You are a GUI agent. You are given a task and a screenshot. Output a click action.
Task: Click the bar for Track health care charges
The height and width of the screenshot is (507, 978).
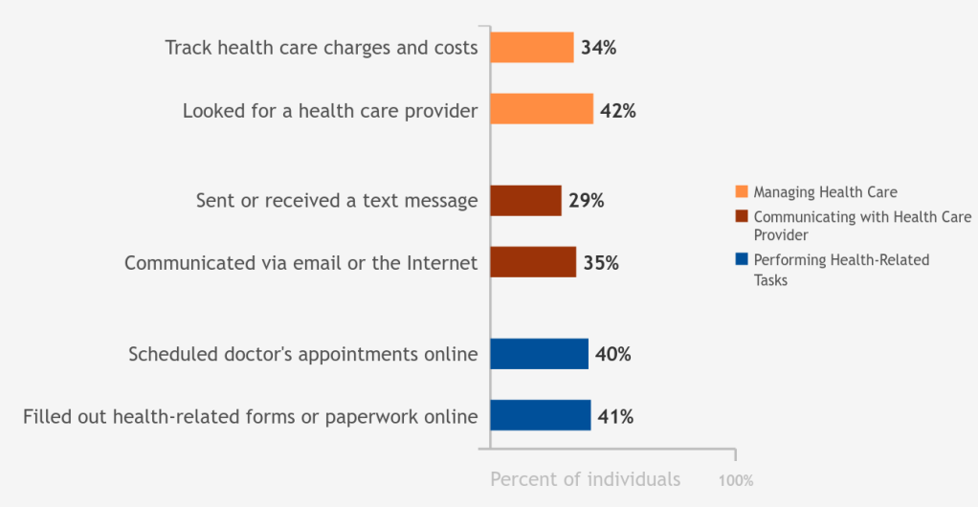(x=532, y=47)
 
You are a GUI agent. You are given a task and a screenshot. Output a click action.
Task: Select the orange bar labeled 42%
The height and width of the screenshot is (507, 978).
(x=542, y=109)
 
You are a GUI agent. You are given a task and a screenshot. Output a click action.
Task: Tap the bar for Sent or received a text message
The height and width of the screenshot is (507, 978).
(x=525, y=201)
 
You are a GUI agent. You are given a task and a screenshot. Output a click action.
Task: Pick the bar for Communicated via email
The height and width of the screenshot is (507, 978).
(x=533, y=262)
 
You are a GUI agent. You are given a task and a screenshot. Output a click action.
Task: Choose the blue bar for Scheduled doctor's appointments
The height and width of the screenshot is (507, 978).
(x=539, y=354)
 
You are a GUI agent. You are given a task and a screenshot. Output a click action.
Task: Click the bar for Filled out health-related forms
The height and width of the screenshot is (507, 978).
(x=540, y=415)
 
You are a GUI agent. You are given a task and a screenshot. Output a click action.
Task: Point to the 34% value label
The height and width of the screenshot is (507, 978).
(x=598, y=48)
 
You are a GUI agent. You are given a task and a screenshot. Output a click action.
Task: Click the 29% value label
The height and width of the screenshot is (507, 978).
(x=586, y=201)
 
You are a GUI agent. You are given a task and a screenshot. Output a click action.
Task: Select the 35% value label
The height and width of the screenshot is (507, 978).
(x=601, y=263)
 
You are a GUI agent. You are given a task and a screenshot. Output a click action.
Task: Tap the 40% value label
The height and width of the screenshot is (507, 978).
(x=612, y=354)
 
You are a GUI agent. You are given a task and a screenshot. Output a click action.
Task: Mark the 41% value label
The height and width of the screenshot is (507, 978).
(x=615, y=416)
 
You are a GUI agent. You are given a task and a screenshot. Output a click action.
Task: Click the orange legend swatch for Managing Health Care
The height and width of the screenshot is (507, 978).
(x=741, y=192)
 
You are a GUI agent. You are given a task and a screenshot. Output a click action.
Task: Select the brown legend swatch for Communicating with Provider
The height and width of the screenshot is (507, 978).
(x=741, y=217)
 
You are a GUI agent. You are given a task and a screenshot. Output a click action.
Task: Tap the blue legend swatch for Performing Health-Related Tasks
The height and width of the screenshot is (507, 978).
(x=741, y=259)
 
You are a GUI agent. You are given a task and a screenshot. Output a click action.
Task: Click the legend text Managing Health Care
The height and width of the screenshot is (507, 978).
(x=825, y=192)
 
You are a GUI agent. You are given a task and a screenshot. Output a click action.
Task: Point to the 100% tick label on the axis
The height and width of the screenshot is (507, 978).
(x=736, y=480)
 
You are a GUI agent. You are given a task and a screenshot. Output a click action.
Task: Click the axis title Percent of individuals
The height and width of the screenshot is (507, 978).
(x=585, y=479)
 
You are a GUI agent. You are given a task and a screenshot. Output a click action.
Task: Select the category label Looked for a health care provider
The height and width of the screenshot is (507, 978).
(x=330, y=111)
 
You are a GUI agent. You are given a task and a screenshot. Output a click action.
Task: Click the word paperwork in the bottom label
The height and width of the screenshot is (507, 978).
(x=368, y=417)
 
